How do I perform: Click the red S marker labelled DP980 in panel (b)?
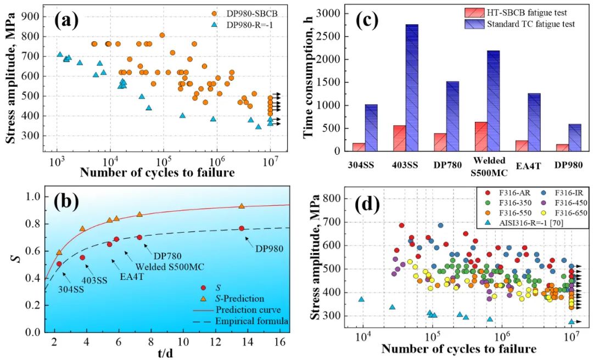pos(242,228)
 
